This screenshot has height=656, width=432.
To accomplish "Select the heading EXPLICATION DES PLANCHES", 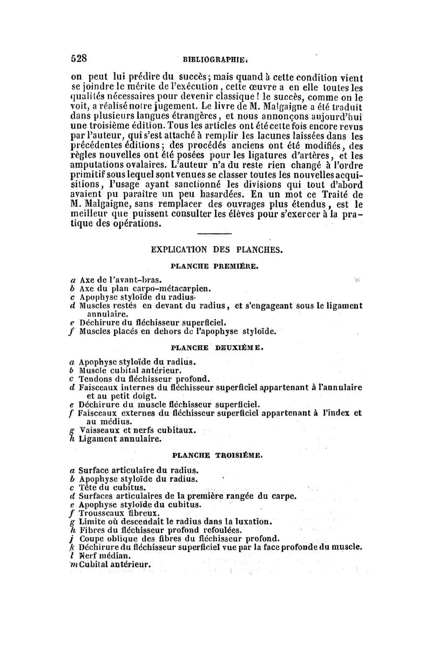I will click(x=216, y=250).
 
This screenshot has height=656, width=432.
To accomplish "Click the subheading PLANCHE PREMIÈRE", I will click(x=215, y=266).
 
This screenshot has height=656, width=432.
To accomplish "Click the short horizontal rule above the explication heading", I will click(x=215, y=234).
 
